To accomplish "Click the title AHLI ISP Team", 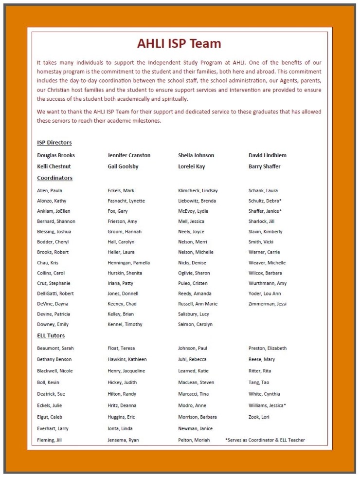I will point(179,44).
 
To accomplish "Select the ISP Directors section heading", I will point(54,143).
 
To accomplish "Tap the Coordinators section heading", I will point(54,178).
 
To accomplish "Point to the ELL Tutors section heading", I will point(51,335).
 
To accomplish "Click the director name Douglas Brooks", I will point(56,155).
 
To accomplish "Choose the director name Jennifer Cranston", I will point(129,155).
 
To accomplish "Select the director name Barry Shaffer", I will point(264,166).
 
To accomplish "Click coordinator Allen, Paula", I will point(49,190).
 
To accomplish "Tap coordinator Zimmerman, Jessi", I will point(268,304).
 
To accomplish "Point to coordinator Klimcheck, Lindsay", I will point(198,190).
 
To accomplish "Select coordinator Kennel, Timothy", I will point(125,324).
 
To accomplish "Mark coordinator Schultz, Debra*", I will point(265,201).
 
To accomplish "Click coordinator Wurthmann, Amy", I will point(268,283).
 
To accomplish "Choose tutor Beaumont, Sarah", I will point(55,348).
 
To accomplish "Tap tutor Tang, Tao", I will point(259,383).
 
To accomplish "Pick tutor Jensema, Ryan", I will point(123,440).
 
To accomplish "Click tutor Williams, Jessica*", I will point(267,405).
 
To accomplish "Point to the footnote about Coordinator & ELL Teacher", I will point(265,440).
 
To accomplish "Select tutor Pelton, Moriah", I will point(194,440).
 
